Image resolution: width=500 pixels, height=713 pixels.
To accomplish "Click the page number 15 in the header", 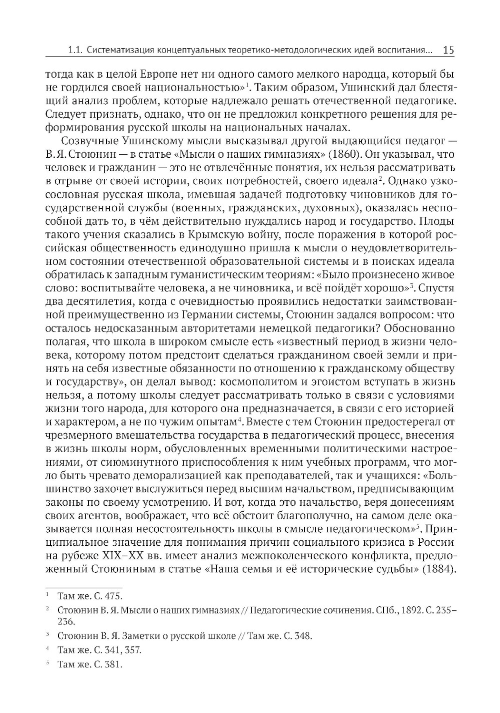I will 448,50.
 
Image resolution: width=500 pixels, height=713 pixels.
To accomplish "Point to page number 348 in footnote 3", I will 302,637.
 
